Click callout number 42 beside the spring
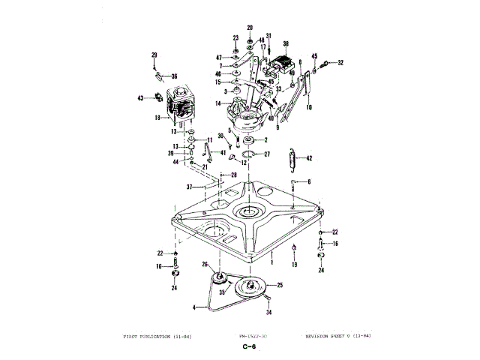(309, 158)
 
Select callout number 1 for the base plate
(271, 255)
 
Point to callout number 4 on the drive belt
(194, 307)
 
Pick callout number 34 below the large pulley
(268, 312)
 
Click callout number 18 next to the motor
(157, 118)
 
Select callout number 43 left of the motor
(140, 98)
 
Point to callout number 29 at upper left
(154, 55)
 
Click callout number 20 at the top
(250, 28)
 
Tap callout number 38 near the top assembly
(286, 44)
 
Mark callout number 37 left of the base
(190, 186)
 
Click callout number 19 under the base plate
(295, 265)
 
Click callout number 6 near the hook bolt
(307, 182)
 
